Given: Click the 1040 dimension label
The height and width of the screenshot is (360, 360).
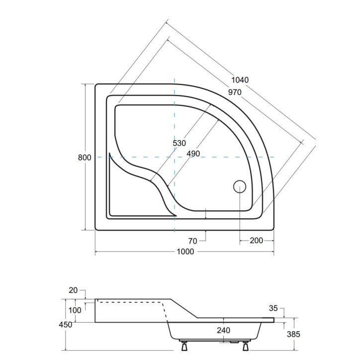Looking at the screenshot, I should [240, 80].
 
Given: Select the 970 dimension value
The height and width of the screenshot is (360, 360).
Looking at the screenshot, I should [234, 92].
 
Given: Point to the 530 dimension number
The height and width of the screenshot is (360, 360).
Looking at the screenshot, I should [180, 143].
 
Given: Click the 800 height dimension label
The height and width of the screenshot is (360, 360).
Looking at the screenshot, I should [85, 158].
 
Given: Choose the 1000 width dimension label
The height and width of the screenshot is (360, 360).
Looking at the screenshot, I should [185, 252].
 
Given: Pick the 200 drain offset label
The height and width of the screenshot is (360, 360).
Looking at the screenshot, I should [256, 241].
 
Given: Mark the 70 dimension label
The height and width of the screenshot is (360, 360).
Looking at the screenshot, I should [192, 241].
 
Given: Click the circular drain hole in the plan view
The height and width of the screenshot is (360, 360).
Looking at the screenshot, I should [240, 187].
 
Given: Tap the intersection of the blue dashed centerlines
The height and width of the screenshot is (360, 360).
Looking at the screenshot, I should [175, 157].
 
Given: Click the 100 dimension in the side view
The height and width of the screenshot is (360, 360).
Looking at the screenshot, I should [75, 310].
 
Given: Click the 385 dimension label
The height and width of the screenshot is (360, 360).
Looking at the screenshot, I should [293, 334].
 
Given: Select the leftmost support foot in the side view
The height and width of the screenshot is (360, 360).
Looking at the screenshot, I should [184, 346].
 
